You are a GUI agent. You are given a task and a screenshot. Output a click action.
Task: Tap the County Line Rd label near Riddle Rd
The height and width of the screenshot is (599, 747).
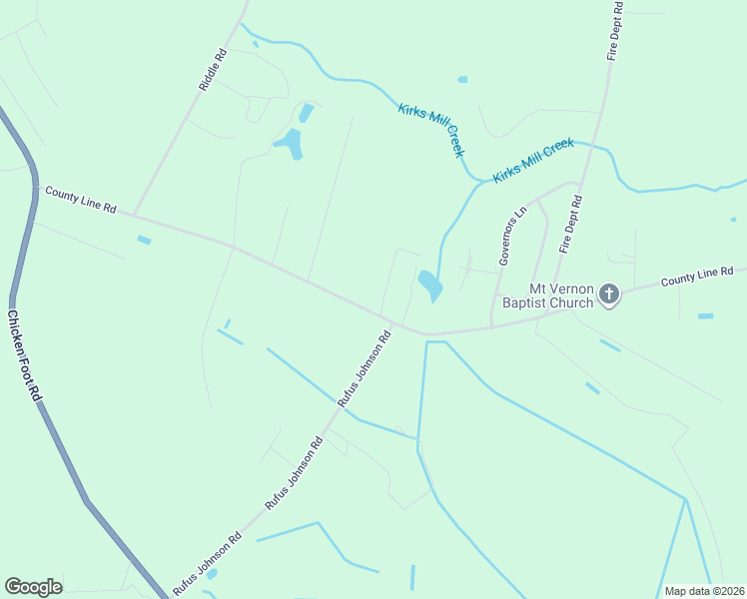[x=81, y=200]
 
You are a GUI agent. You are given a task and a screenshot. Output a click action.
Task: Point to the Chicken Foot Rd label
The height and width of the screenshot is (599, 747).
[x=25, y=356]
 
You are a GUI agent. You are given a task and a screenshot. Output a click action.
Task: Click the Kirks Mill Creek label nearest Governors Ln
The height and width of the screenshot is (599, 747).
[x=533, y=160]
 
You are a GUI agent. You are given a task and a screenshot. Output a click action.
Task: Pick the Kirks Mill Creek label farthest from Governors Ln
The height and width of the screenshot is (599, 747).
[x=431, y=129]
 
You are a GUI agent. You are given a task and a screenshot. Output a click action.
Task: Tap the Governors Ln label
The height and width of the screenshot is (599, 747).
[x=512, y=237]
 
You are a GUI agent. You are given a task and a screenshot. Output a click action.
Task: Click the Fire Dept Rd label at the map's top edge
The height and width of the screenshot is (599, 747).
[x=616, y=30]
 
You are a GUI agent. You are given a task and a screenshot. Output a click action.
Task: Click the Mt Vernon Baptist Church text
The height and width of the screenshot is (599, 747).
[x=547, y=296]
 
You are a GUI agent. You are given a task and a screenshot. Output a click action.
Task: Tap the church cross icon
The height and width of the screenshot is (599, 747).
[x=609, y=294]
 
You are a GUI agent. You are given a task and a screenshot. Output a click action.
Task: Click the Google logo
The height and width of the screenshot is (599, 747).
[x=33, y=587]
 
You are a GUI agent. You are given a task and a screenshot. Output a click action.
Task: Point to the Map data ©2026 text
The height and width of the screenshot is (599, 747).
[x=703, y=591]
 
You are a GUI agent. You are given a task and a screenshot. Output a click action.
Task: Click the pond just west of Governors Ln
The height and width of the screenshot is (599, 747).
[x=429, y=286]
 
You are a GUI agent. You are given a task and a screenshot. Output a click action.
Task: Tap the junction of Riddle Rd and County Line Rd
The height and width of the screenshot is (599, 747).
[x=133, y=214]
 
